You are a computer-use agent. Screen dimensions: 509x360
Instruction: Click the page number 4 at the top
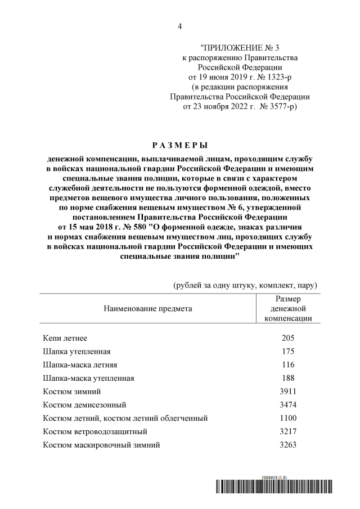click(180, 26)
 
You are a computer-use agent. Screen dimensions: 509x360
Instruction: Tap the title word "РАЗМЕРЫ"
click(179, 145)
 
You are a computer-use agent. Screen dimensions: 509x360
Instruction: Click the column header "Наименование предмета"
click(147, 308)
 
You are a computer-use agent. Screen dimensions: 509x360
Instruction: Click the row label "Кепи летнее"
click(65, 339)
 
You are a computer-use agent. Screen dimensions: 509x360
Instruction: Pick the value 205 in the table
click(287, 339)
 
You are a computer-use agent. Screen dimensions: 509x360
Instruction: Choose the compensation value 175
click(287, 352)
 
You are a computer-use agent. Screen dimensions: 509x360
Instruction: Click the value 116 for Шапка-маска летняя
click(287, 365)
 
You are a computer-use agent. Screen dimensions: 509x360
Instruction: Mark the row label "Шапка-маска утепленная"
click(88, 379)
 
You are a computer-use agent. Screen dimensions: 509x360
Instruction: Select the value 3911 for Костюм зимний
click(287, 391)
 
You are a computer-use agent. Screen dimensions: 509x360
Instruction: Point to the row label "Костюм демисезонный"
click(84, 405)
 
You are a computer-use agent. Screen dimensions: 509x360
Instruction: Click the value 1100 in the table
click(287, 418)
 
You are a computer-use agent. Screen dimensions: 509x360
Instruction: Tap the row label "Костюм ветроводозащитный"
click(95, 432)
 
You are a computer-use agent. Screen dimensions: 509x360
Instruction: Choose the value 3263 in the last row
click(287, 445)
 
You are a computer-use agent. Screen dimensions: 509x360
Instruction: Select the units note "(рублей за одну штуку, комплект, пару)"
click(245, 285)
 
